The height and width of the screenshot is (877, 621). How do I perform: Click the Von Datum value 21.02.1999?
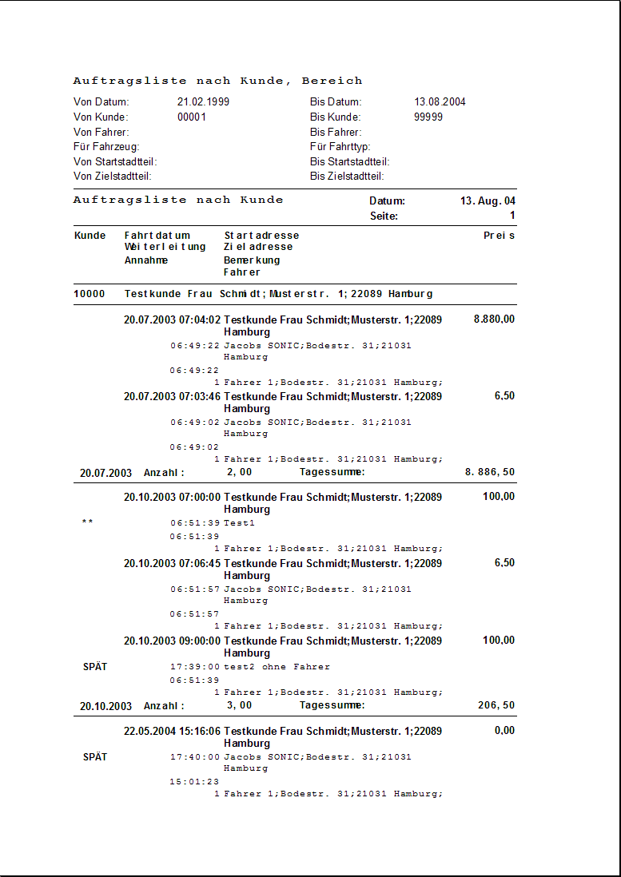point(203,102)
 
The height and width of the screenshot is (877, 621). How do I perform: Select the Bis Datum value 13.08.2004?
point(440,102)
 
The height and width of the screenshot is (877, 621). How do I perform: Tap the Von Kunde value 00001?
point(192,117)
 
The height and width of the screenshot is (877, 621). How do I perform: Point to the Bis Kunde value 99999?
point(428,117)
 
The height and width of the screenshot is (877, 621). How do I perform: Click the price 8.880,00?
point(494,319)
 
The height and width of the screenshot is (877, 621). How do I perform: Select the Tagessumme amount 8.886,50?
point(490,473)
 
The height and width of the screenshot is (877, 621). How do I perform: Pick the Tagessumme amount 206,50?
point(496,706)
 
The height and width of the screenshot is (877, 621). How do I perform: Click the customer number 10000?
point(90,294)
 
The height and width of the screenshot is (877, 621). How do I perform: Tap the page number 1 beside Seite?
point(512,216)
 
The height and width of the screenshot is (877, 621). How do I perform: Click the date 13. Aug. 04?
point(488,201)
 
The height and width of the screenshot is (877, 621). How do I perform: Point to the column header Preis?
point(499,236)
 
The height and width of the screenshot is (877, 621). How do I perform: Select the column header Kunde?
point(90,236)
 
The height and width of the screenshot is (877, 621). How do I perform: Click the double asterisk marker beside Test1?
point(88,523)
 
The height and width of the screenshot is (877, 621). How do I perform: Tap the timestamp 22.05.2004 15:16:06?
point(172,731)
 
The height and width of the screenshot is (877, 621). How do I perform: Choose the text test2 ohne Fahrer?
point(277,667)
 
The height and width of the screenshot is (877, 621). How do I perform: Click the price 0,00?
point(504,731)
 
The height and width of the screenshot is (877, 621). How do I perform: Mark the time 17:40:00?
point(194,757)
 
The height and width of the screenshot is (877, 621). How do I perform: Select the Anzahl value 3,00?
point(239,706)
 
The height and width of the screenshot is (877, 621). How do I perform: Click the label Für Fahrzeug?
point(106,147)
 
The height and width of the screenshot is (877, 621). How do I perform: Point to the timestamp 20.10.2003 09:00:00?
point(172,641)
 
